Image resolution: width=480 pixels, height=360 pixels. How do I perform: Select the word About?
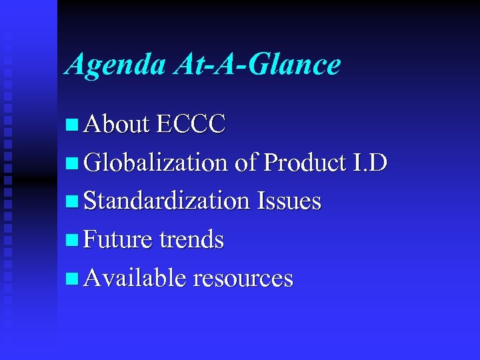pos(117,124)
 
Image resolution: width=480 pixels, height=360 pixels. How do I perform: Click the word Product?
pos(305,163)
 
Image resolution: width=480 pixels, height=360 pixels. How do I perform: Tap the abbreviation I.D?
pos(369,162)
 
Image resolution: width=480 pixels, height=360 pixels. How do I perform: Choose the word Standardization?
pos(167,201)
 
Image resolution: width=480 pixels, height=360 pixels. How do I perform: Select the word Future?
pos(117,239)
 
